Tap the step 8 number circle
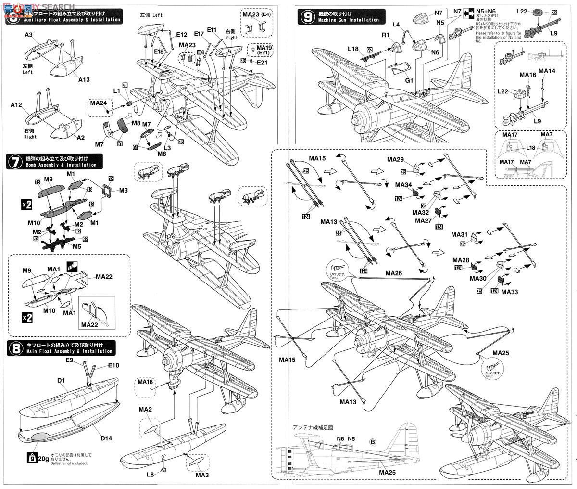coord(14,348)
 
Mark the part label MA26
coord(393,273)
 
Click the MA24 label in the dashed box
coord(97,102)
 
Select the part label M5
coord(70,247)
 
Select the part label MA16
coord(527,75)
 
